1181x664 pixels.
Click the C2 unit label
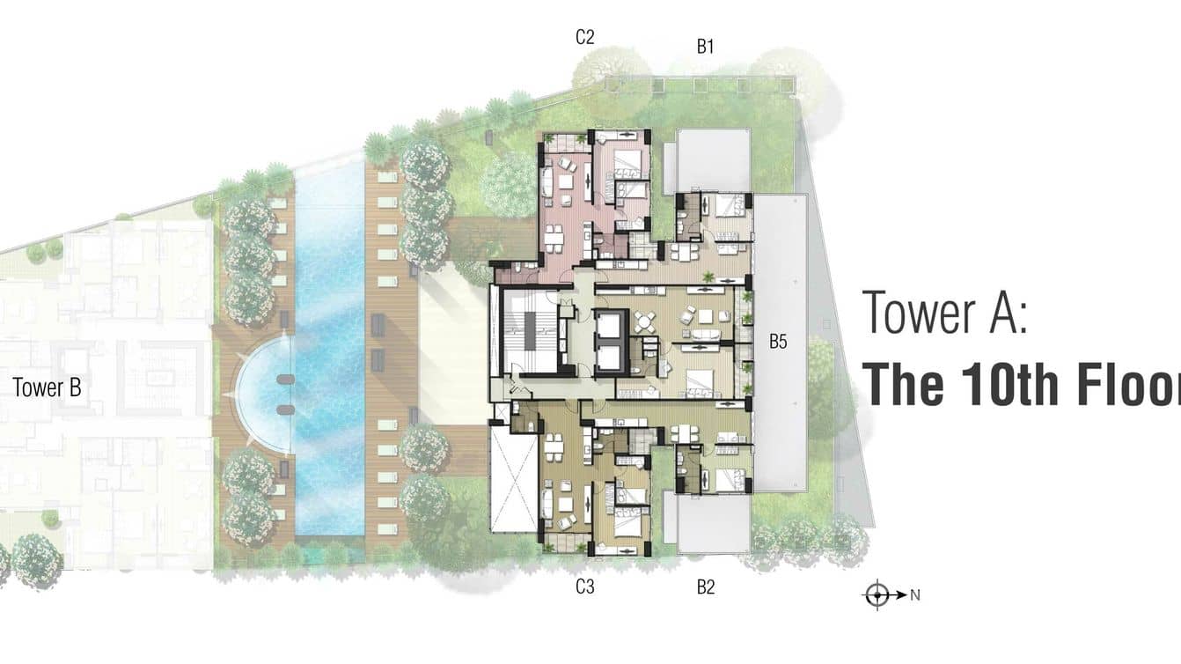(585, 37)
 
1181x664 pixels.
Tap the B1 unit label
(705, 48)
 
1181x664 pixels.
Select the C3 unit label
(585, 587)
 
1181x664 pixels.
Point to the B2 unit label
(705, 587)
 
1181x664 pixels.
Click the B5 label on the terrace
(778, 343)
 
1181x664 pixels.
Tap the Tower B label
(48, 387)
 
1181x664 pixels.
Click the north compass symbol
(877, 595)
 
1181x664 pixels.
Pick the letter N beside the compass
(915, 595)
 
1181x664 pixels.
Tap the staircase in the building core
(532, 334)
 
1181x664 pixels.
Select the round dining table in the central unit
(647, 323)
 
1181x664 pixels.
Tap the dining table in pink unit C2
(554, 237)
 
